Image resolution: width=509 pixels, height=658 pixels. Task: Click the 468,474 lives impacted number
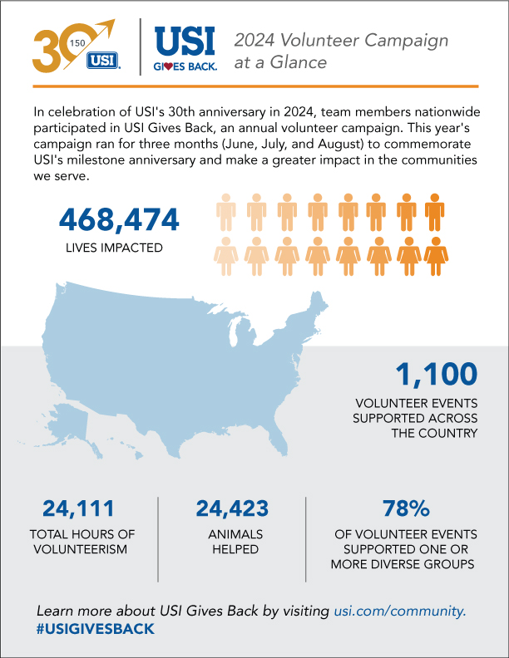[119, 220]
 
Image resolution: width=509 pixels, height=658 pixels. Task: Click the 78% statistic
[405, 508]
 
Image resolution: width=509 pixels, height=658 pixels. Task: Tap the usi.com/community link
[399, 611]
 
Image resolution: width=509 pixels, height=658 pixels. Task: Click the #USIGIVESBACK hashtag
[96, 629]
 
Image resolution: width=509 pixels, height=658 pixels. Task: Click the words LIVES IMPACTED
[119, 247]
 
